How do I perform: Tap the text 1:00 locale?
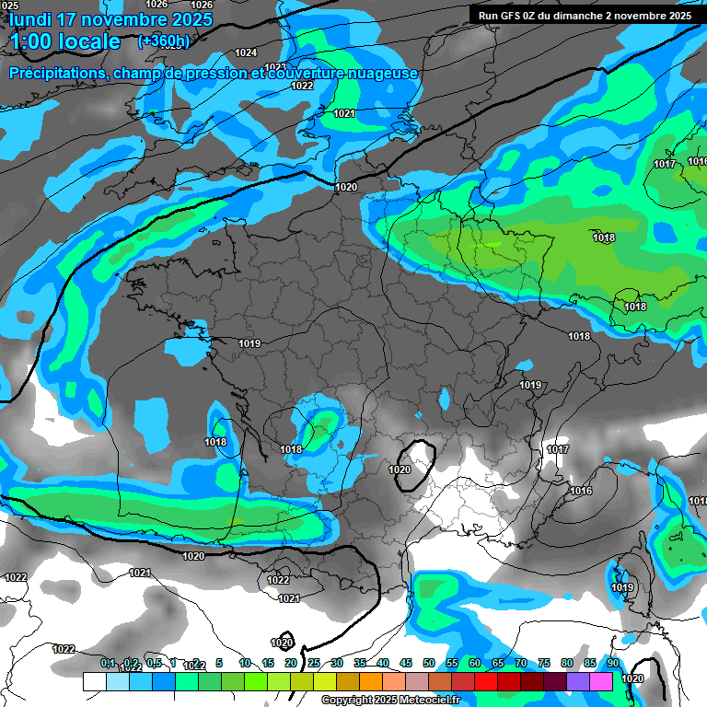65,41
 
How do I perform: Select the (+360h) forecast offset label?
164,41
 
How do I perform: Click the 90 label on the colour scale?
612,663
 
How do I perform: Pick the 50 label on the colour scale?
429,663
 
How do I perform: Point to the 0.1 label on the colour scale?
108,663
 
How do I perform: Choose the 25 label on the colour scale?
314,663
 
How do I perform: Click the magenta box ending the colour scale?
601,681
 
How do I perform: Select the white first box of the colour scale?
94,681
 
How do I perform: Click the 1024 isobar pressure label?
246,52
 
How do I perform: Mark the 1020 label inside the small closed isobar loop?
400,469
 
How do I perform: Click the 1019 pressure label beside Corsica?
623,587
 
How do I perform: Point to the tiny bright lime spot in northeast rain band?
492,244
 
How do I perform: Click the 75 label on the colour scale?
544,663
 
